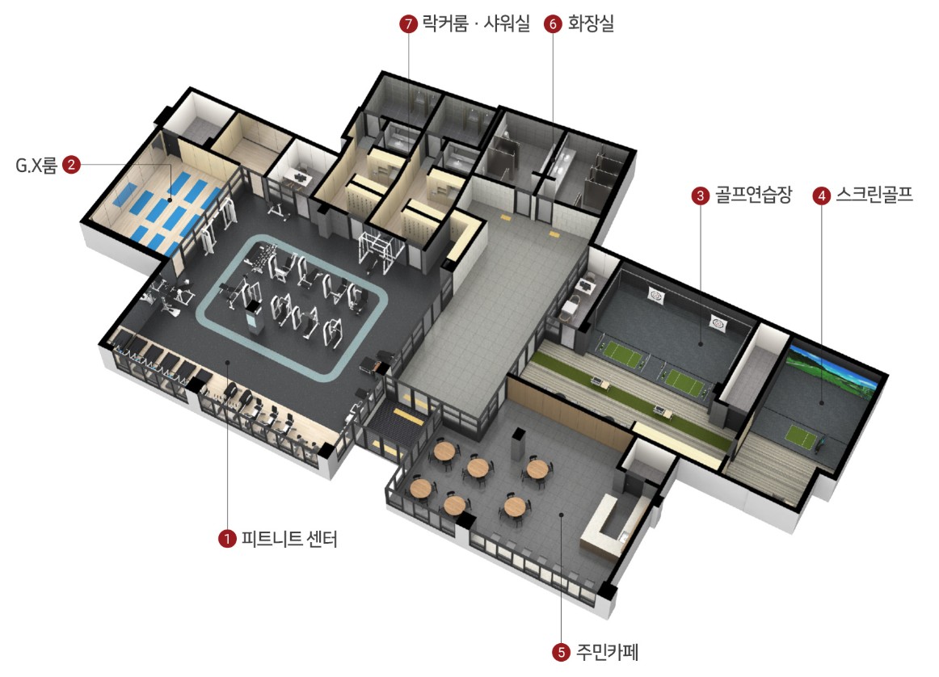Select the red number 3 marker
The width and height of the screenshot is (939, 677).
pos(700,196)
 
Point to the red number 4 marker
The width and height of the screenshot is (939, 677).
pos(822,196)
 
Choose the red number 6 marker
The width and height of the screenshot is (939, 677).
pos(554,24)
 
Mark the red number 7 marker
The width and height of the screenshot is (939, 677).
pos(408,24)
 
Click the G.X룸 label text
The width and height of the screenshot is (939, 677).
pos(36,166)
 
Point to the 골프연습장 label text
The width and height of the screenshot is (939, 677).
pos(752,196)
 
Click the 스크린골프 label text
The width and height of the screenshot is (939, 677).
pos(876,196)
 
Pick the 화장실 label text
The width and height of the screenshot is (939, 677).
pos(591,24)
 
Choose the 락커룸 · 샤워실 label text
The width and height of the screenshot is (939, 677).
pos(476,24)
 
